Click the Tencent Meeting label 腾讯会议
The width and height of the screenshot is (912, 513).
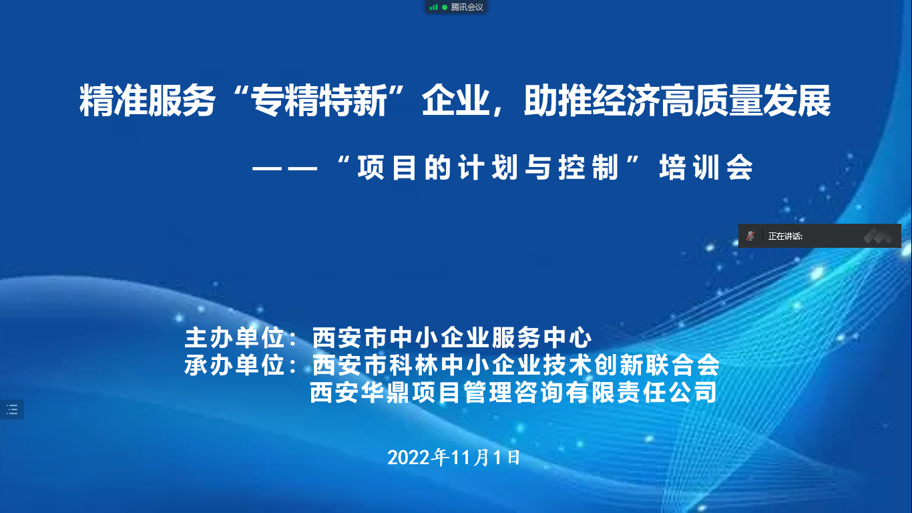click(467, 7)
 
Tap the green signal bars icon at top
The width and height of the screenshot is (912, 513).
click(433, 7)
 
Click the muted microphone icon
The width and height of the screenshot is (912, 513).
click(750, 236)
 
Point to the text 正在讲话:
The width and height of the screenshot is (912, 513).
click(785, 236)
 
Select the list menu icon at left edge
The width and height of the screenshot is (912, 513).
click(12, 409)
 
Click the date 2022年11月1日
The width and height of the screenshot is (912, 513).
click(454, 457)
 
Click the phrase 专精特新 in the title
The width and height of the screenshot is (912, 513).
click(318, 101)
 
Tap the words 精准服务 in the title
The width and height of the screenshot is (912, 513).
click(147, 101)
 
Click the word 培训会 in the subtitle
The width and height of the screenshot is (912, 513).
click(706, 167)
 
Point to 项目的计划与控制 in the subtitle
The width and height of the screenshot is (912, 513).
click(488, 167)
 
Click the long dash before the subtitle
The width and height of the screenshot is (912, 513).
click(284, 168)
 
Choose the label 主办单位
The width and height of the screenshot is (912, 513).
click(234, 337)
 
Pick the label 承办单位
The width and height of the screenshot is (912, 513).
click(234, 365)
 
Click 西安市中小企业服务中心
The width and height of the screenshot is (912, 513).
click(452, 337)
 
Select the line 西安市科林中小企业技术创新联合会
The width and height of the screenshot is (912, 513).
click(516, 365)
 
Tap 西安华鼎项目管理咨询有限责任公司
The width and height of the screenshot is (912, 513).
click(513, 392)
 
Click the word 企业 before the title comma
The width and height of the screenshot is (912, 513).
click(455, 101)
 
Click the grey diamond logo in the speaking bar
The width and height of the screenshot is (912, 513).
click(878, 236)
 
